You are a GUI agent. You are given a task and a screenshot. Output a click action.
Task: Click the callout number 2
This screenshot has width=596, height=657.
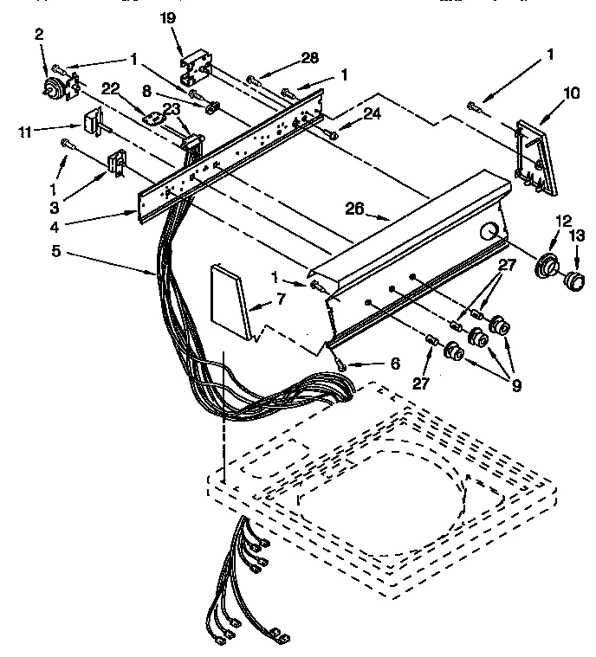pos(38,34)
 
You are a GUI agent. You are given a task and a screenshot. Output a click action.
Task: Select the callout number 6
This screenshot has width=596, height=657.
pos(370,364)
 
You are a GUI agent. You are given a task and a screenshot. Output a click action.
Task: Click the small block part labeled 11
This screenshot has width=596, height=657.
pos(90,122)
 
